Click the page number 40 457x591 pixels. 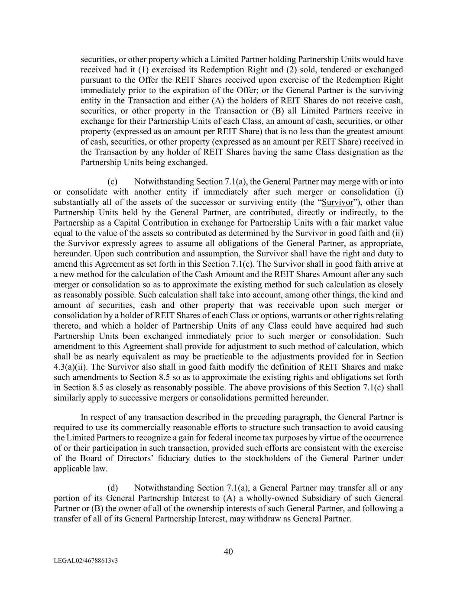pos(229,551)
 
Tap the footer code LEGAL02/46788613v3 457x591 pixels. pos(86,561)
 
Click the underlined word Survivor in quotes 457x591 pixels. pos(341,202)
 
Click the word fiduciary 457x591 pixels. pos(196,459)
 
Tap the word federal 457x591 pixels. pos(259,438)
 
